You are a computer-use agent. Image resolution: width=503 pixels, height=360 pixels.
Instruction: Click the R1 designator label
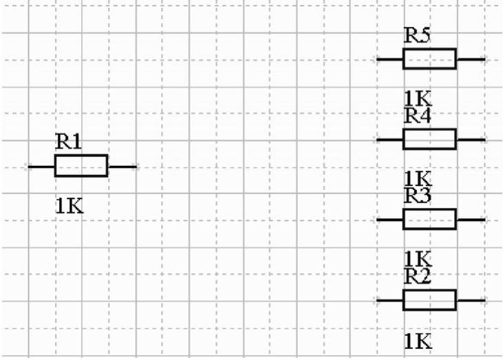(68, 142)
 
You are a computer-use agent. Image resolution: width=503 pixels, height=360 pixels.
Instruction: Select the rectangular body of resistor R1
(81, 166)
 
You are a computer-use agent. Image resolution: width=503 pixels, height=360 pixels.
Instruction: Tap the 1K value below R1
(69, 205)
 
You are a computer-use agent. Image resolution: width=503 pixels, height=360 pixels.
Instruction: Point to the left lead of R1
(41, 166)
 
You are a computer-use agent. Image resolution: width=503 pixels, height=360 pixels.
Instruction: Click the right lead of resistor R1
(122, 166)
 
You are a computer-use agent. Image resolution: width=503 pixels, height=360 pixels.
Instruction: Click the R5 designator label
(417, 36)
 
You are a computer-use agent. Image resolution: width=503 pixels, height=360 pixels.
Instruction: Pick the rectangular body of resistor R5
(429, 59)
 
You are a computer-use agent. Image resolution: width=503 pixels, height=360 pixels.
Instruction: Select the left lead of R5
(389, 59)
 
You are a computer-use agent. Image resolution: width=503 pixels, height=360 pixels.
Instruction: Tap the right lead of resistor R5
(471, 59)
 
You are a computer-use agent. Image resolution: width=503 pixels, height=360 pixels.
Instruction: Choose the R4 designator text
(417, 116)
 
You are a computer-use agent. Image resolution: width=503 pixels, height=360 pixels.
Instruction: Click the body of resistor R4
(429, 139)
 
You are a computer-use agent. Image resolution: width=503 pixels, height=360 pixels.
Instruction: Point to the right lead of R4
(471, 139)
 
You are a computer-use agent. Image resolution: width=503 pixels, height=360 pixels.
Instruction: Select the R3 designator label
(417, 195)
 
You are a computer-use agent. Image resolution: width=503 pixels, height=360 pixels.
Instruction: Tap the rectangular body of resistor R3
(429, 220)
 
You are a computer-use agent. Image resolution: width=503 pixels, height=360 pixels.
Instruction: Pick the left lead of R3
(389, 220)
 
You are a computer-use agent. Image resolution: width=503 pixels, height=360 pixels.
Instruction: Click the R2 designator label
(417, 276)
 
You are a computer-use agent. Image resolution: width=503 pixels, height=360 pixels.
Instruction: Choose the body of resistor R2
(429, 300)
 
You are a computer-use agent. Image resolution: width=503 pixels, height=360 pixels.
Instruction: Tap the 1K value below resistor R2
(417, 339)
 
